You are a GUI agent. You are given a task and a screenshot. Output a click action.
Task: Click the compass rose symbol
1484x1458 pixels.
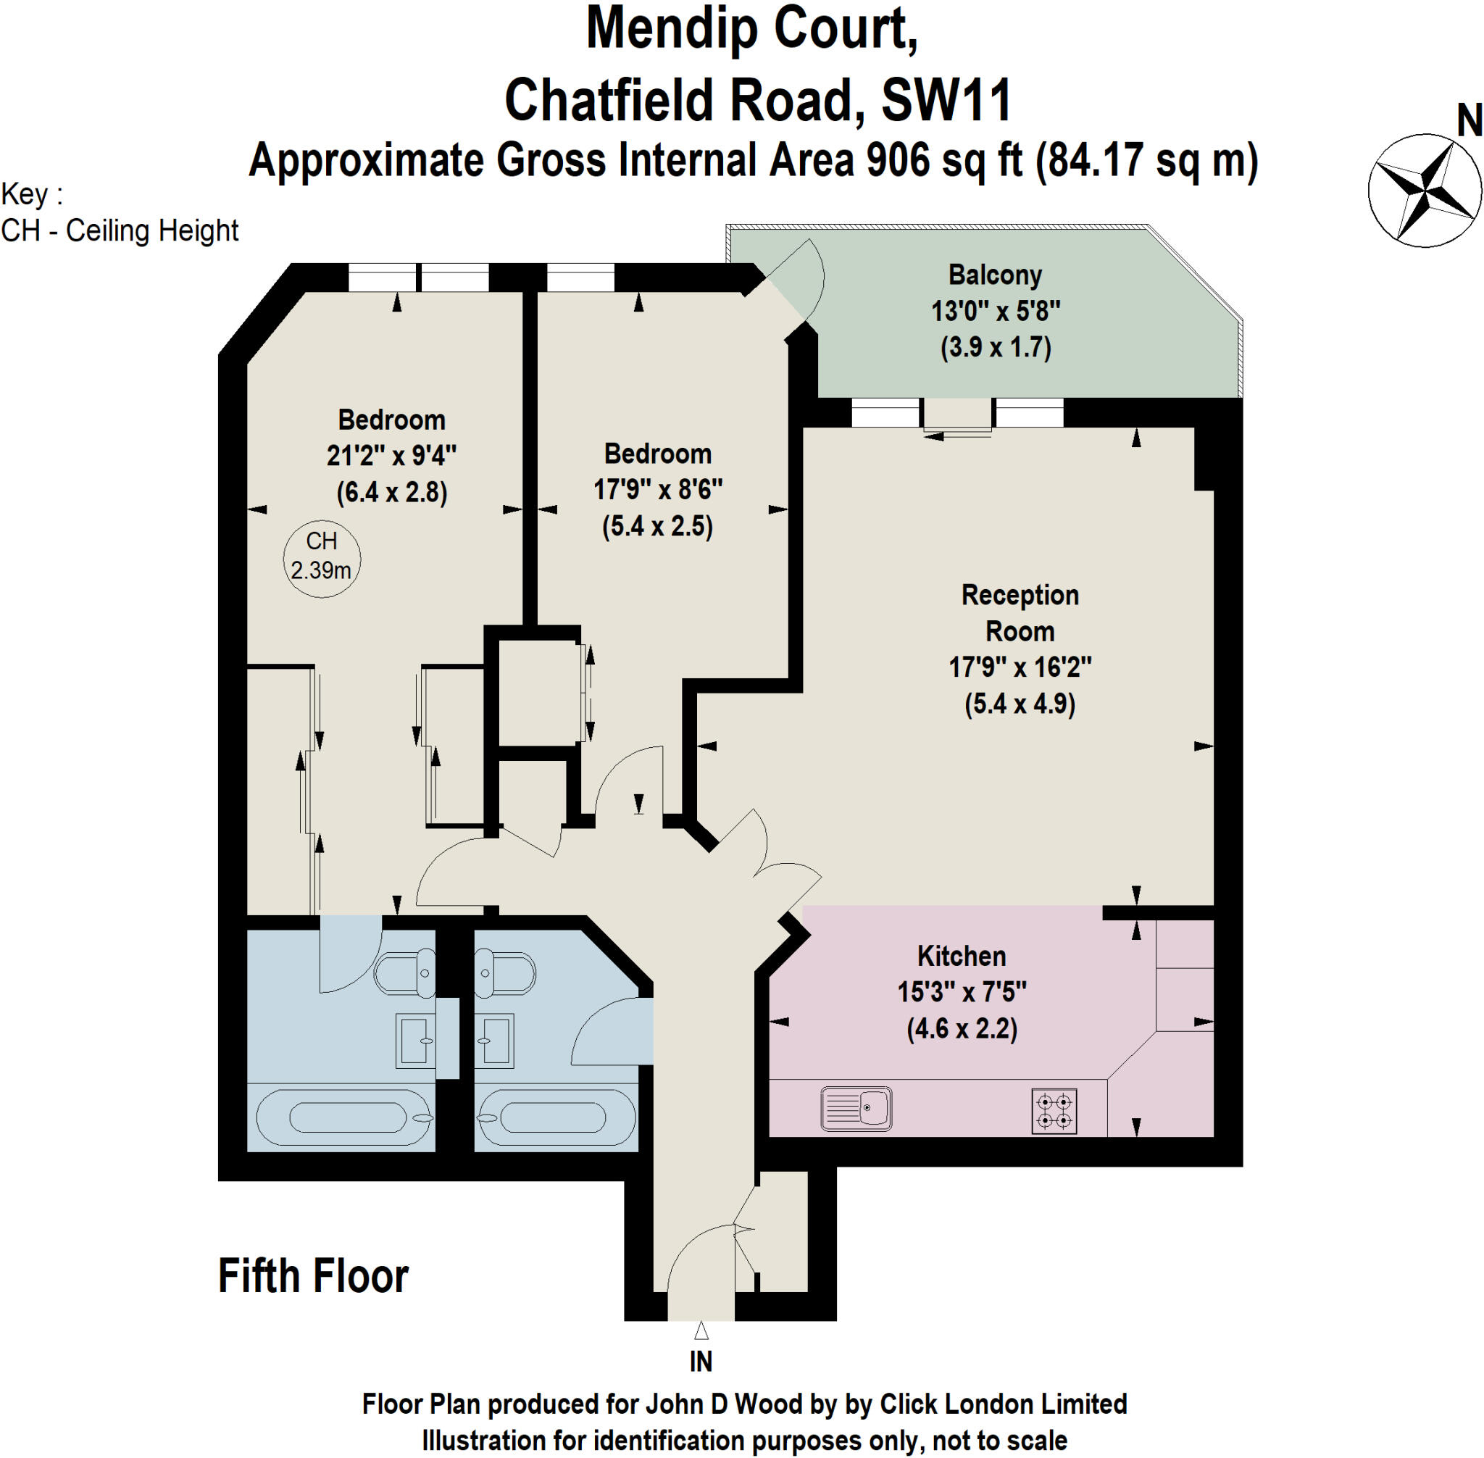coord(1424,190)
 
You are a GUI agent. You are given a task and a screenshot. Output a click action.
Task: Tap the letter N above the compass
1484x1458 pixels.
coord(1469,121)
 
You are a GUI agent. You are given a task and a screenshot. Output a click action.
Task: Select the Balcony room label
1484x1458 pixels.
coord(995,275)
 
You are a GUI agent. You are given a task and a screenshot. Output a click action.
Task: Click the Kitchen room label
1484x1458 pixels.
coord(961,956)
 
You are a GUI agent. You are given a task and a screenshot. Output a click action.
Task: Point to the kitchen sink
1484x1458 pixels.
coord(855,1108)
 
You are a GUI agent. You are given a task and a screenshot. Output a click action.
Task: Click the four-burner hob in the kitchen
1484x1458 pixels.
coord(1054,1111)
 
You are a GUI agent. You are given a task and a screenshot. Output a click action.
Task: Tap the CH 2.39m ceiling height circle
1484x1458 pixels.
coord(322,556)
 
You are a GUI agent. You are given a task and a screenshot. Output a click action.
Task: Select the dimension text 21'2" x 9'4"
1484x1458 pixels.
coord(391,456)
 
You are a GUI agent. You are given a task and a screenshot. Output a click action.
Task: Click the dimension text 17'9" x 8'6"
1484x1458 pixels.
coord(658,489)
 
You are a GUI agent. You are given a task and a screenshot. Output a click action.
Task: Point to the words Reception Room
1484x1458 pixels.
coord(1020,612)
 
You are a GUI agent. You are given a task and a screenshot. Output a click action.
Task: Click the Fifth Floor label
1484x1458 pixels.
coord(313,1277)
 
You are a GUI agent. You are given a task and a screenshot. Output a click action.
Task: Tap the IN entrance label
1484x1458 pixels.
coord(701,1362)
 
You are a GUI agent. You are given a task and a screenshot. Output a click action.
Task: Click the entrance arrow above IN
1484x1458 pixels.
coord(701,1330)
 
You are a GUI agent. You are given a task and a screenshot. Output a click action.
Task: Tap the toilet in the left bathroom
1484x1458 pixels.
coord(404,973)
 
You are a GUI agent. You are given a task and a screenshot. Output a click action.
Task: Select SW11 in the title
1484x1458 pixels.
coord(946,100)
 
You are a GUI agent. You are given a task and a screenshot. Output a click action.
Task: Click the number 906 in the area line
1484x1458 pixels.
coord(899,160)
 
